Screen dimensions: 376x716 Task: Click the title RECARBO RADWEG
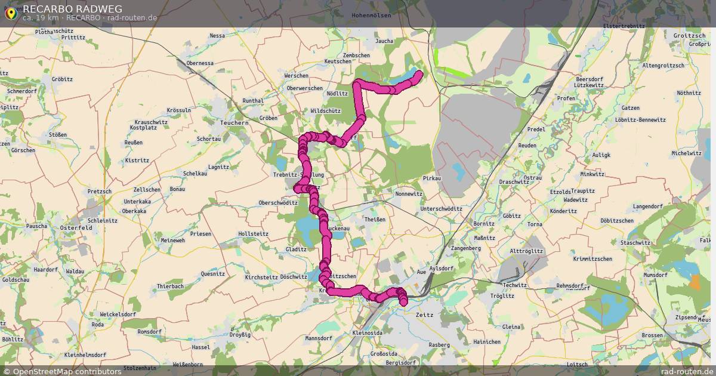tap(72, 8)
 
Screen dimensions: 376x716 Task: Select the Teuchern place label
tap(234, 122)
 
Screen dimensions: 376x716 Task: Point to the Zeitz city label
tap(424, 314)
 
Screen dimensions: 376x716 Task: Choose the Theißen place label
tap(375, 219)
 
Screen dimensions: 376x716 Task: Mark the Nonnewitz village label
tap(409, 194)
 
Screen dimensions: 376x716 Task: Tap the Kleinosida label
tap(368, 332)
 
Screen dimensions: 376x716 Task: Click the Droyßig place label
tap(240, 335)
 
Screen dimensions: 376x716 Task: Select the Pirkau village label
tap(431, 178)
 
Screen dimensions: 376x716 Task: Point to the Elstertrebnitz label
tap(625, 26)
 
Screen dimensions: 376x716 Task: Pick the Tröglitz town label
tap(502, 295)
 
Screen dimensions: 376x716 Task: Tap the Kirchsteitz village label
tap(261, 278)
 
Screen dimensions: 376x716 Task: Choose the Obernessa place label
tap(200, 63)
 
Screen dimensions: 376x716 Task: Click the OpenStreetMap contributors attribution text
tap(67, 371)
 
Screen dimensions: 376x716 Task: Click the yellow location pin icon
tap(10, 13)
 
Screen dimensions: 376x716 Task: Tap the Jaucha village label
tap(384, 41)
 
